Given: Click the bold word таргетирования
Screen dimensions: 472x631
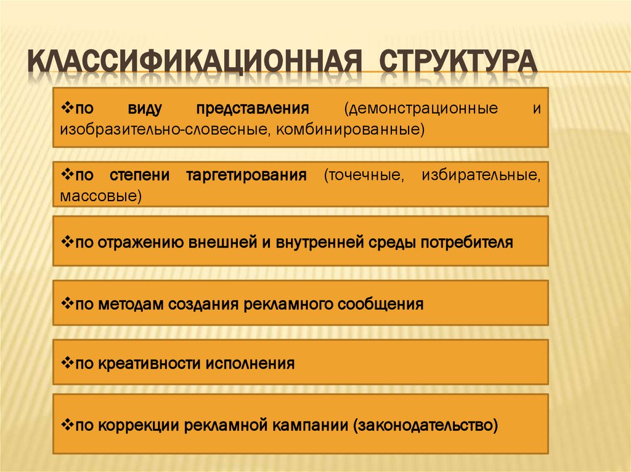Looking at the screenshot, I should [x=246, y=175].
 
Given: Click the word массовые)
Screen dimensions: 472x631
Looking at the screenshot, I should [x=101, y=196].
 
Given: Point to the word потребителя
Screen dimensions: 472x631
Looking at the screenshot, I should [x=466, y=242].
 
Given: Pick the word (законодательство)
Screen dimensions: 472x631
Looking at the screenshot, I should [x=425, y=425].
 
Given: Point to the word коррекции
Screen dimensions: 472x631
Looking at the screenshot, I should [x=138, y=425].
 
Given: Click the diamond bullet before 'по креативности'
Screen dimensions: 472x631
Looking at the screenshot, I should [x=67, y=362].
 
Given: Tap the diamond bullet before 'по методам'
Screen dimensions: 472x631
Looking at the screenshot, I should [x=67, y=303].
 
